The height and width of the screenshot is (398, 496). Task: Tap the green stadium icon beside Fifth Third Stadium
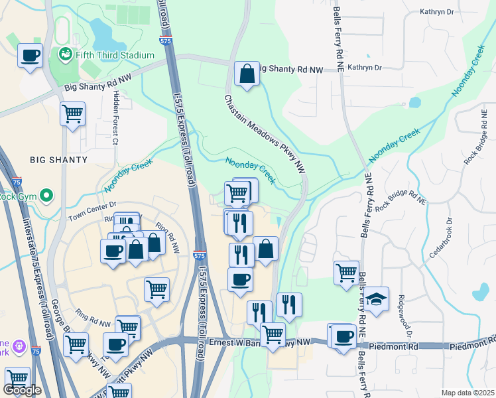click(65, 54)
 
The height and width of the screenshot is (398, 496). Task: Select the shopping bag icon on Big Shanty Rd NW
click(247, 74)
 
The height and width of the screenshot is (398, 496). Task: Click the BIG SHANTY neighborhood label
click(58, 160)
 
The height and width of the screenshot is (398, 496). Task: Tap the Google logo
click(22, 390)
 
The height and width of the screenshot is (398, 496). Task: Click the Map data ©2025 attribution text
click(467, 392)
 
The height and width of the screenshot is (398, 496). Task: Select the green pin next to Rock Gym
click(46, 196)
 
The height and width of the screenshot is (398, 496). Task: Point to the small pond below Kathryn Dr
click(415, 102)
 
